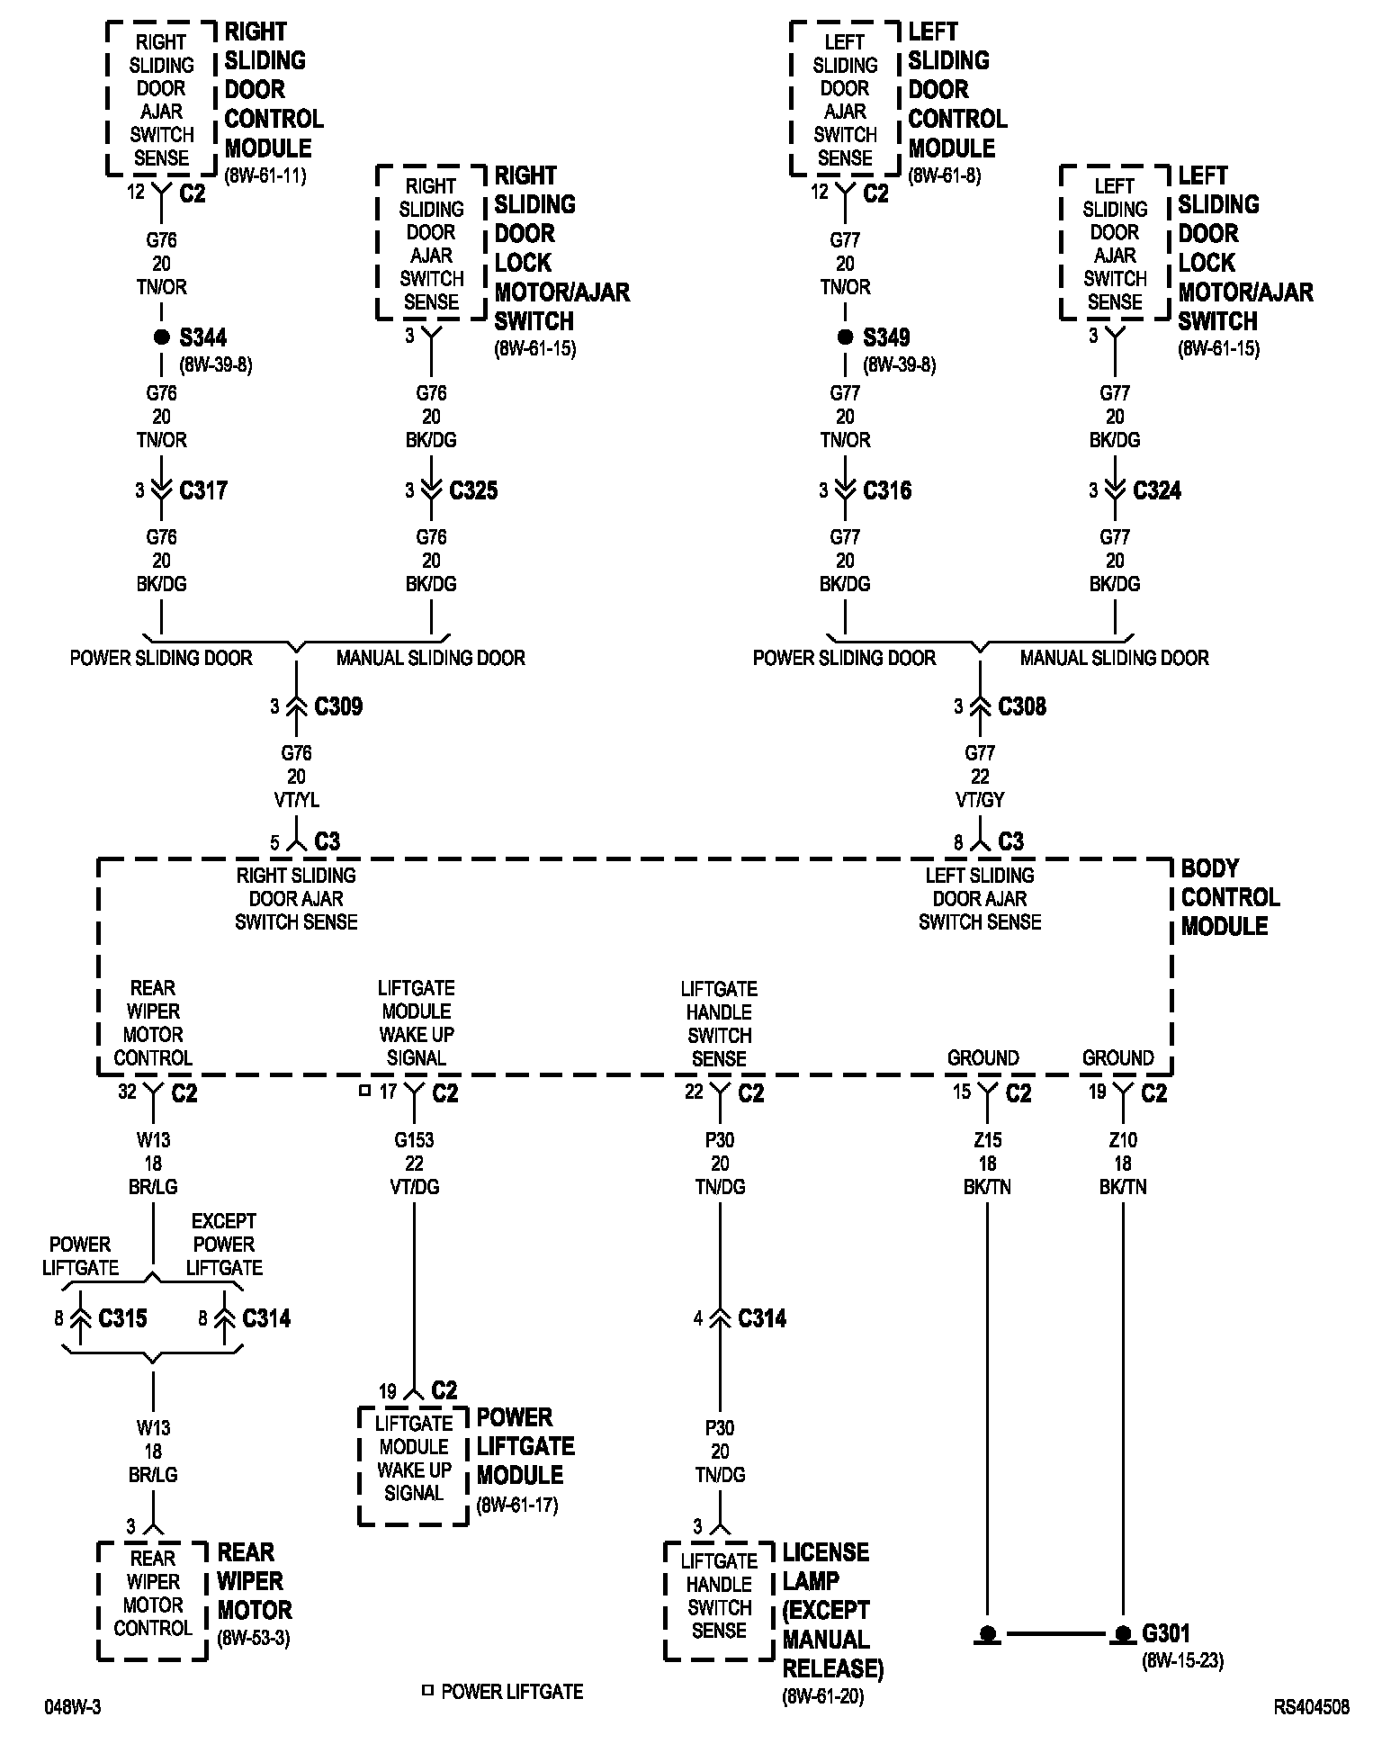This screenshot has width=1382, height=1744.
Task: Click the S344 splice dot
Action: (x=162, y=337)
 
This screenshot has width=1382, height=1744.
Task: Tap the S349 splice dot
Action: (x=845, y=337)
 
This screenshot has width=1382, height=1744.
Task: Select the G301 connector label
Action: (x=1166, y=1632)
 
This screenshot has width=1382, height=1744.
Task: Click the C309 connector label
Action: (x=338, y=706)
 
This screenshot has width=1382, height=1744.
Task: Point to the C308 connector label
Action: (x=1022, y=706)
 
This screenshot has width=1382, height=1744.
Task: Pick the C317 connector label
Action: (x=203, y=490)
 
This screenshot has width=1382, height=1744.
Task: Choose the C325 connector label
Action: (x=473, y=490)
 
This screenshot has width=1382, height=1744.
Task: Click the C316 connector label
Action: (x=887, y=490)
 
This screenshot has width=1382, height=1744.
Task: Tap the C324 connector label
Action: (x=1157, y=490)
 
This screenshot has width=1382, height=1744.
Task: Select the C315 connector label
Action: (x=122, y=1318)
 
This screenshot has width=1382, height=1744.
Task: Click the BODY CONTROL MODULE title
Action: (x=1229, y=897)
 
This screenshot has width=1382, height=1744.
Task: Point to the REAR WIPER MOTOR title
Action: (x=255, y=1581)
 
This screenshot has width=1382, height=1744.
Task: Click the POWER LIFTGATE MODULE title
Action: (x=525, y=1446)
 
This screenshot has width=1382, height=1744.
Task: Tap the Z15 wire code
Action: (x=988, y=1140)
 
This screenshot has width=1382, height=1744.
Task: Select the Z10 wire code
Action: (x=1123, y=1140)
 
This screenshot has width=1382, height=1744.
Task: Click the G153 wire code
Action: (x=414, y=1140)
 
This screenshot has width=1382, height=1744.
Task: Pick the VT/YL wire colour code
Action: (x=296, y=800)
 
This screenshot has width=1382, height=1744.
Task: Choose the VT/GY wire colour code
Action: (x=980, y=800)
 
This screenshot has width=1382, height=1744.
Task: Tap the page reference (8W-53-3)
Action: (x=254, y=1637)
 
